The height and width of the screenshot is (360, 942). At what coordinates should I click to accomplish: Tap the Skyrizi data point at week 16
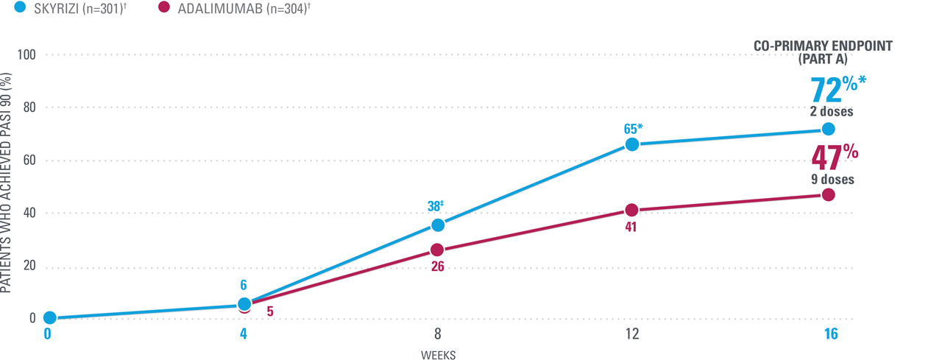coord(829,129)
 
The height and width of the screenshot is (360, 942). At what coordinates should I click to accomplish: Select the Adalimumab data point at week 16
coord(829,194)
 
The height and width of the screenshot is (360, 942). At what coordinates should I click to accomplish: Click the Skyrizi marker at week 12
coord(632,144)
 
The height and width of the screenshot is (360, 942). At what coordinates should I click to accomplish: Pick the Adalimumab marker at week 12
coord(632,210)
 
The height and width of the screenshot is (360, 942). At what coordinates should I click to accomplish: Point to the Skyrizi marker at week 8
coord(438,225)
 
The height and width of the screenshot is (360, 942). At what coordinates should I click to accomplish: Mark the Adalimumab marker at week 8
coord(438,250)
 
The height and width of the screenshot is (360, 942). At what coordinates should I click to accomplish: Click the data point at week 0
coord(49,317)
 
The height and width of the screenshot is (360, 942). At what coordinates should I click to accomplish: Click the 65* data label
coord(632,129)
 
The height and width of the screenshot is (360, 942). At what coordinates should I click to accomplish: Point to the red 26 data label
coord(437,266)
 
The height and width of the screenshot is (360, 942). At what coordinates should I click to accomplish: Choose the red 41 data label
coord(631,227)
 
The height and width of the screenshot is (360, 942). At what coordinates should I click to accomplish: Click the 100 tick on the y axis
coord(30,55)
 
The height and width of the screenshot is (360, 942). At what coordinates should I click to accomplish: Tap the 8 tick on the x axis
coord(438,333)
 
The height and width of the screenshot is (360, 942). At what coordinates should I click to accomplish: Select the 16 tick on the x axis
coord(830,333)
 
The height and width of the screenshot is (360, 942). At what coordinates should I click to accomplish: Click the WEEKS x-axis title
coord(438,355)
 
